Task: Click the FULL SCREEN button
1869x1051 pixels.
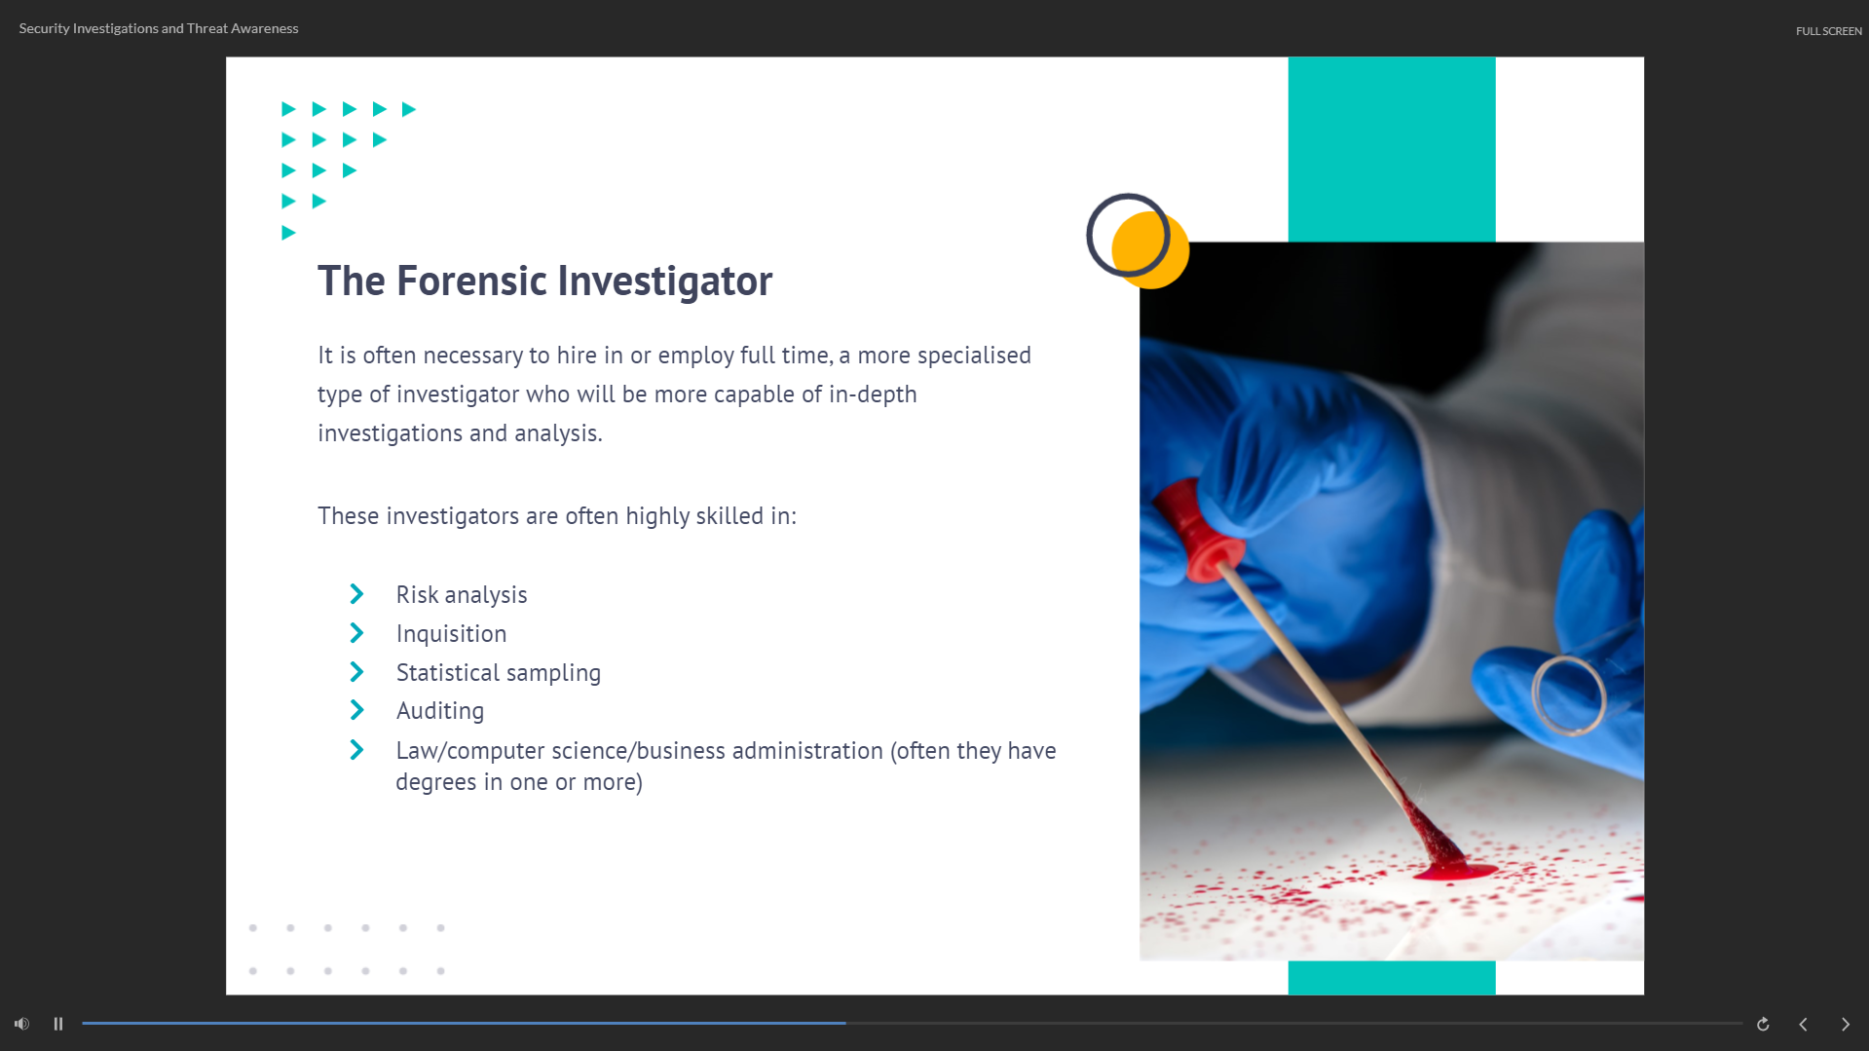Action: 1828,31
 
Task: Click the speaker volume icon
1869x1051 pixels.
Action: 21,1024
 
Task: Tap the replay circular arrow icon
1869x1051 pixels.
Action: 1763,1024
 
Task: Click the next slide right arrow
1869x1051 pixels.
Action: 1845,1024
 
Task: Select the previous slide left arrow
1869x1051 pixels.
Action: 1803,1024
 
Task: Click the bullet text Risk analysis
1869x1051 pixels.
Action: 462,595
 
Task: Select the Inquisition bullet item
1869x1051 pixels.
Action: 451,634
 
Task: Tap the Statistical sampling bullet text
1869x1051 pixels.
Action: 499,673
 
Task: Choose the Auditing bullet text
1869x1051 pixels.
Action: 440,711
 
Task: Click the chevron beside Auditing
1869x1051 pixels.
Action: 356,710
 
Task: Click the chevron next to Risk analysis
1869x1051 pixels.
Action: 356,594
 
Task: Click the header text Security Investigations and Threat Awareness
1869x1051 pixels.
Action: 159,28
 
